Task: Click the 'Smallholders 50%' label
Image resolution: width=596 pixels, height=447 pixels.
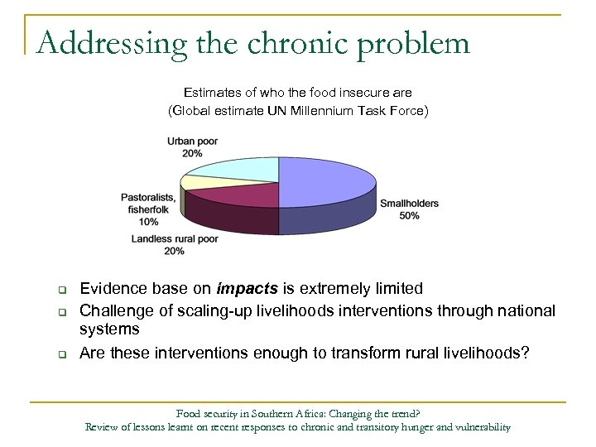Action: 409,209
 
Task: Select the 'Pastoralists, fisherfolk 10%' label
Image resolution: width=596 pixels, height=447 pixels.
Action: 148,209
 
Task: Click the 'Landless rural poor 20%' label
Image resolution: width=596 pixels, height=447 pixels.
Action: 175,245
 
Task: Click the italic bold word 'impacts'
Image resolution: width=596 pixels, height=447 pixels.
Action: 246,289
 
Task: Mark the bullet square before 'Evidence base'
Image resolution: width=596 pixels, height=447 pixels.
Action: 61,290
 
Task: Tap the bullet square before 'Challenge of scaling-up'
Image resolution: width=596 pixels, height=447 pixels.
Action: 61,311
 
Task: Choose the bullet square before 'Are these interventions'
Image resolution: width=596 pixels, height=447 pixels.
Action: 61,354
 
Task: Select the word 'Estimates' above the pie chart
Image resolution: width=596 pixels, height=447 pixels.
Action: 209,92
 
